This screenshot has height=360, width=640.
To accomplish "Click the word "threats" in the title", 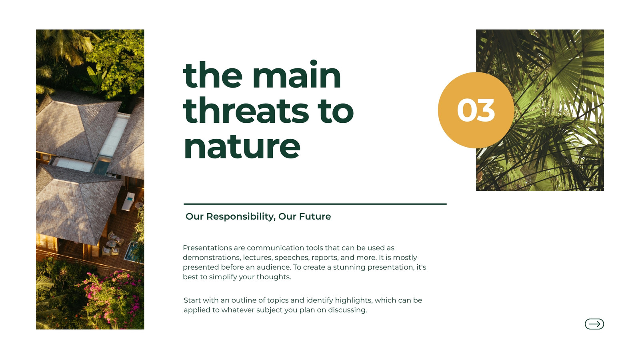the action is [x=246, y=111].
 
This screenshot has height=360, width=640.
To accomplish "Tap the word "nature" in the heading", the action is [x=242, y=146].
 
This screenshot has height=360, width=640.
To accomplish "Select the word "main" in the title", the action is [x=296, y=75].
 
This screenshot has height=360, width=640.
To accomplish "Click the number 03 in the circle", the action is [x=476, y=110].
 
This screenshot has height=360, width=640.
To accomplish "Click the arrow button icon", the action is [x=594, y=324].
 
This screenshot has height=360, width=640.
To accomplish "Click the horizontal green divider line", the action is [x=315, y=204].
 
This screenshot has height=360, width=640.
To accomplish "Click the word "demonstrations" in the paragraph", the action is [x=212, y=258].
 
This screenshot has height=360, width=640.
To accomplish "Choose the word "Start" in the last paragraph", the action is [x=192, y=300].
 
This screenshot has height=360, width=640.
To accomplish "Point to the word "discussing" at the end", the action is [x=348, y=310].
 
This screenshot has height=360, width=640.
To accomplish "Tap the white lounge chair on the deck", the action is [x=128, y=201].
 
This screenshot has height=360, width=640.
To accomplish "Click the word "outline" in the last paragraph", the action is [x=244, y=300].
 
